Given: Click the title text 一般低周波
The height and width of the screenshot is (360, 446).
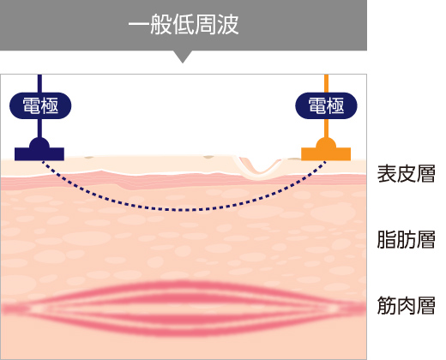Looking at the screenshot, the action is coord(184,25).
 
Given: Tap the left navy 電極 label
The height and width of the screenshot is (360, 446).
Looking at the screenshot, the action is coord(40,105).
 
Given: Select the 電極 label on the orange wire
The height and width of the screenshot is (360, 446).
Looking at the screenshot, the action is coord(326,105).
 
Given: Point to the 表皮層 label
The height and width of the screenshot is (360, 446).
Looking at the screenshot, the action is coord(406,174).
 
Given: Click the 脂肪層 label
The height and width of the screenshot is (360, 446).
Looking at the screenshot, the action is coord(406,239).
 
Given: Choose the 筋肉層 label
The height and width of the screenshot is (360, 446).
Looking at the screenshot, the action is coord(406,305).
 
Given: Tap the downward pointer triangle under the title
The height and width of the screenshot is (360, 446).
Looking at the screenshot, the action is coord(183,56).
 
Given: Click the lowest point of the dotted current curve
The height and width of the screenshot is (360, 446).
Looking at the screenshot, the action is coord(183,210).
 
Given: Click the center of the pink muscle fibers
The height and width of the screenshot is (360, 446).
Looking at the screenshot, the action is coord(183,308).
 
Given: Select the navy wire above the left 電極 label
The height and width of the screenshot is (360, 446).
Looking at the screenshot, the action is coord(39,83).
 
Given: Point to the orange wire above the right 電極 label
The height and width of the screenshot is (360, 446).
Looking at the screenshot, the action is coord(326,83).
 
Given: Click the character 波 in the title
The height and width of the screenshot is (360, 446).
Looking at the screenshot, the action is coord(228,25).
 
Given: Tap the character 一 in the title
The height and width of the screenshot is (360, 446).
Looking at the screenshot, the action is coord(139,24).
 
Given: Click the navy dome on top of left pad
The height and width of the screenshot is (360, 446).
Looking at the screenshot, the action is coord(39,142).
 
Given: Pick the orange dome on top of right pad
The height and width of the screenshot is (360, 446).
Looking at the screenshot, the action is coord(326,142).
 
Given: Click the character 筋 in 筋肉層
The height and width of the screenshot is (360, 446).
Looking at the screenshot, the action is coord(387,305).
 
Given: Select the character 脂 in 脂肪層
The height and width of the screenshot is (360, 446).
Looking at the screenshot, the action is coord(387,239).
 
